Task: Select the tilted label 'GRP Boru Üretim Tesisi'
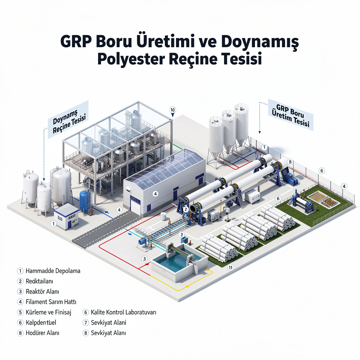point(290,115)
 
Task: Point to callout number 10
point(172,110)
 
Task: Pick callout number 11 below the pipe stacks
point(231,268)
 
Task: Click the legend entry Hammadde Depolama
point(53,271)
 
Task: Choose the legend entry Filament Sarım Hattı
point(51,302)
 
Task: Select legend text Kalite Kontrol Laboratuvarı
point(123,312)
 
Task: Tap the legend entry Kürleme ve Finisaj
point(49,312)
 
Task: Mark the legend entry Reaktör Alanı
point(43,291)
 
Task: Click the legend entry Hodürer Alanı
point(43,333)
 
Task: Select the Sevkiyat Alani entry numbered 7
point(108,322)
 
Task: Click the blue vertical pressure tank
point(84,201)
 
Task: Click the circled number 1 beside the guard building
point(53,223)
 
